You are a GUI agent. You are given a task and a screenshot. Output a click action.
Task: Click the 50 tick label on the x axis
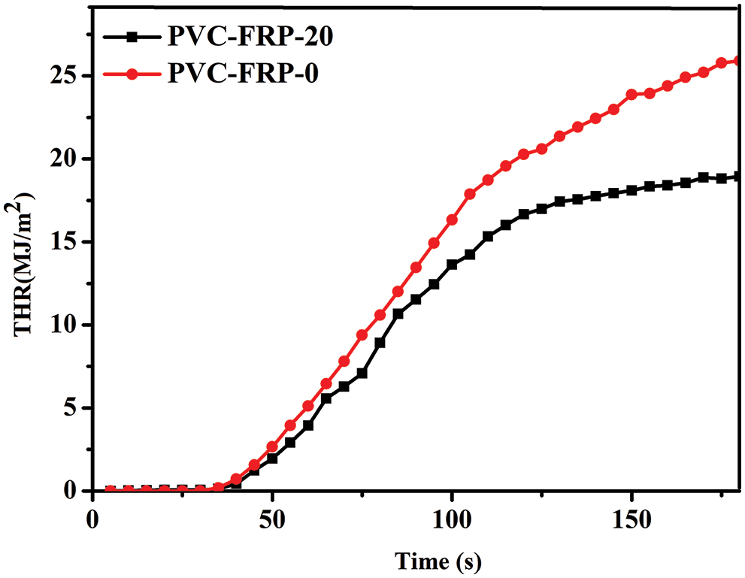click(272, 519)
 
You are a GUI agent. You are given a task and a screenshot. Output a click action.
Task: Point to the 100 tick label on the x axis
click(452, 519)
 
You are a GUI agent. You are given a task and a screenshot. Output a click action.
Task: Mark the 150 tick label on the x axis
click(631, 519)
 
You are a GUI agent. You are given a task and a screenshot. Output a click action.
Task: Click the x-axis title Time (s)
click(439, 560)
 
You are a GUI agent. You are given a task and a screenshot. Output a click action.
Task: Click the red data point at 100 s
click(452, 219)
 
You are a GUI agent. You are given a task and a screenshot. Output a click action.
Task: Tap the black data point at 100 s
click(452, 265)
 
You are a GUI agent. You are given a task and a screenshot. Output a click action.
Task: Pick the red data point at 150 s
click(631, 95)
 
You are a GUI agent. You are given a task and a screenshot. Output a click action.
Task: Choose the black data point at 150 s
click(631, 190)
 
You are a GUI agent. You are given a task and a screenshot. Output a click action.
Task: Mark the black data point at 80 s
click(380, 343)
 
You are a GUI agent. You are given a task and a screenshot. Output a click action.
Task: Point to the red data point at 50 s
click(272, 446)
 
